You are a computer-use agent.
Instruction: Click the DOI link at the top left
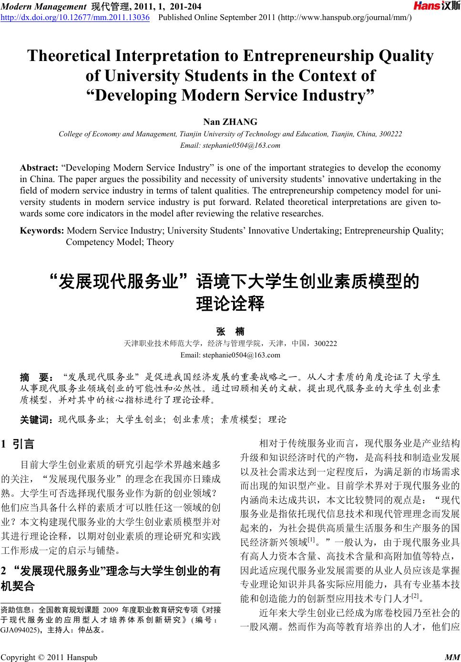[x=75, y=18]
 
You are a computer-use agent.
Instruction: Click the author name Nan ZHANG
[x=230, y=122]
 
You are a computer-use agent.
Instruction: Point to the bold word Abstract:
[x=39, y=168]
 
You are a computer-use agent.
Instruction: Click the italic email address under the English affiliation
[x=230, y=145]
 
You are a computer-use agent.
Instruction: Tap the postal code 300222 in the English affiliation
[x=390, y=134]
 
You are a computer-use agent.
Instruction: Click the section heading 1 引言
[x=19, y=444]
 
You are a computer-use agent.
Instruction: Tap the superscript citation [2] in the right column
[x=414, y=595]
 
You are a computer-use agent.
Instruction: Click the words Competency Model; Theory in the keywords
[x=120, y=242]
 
